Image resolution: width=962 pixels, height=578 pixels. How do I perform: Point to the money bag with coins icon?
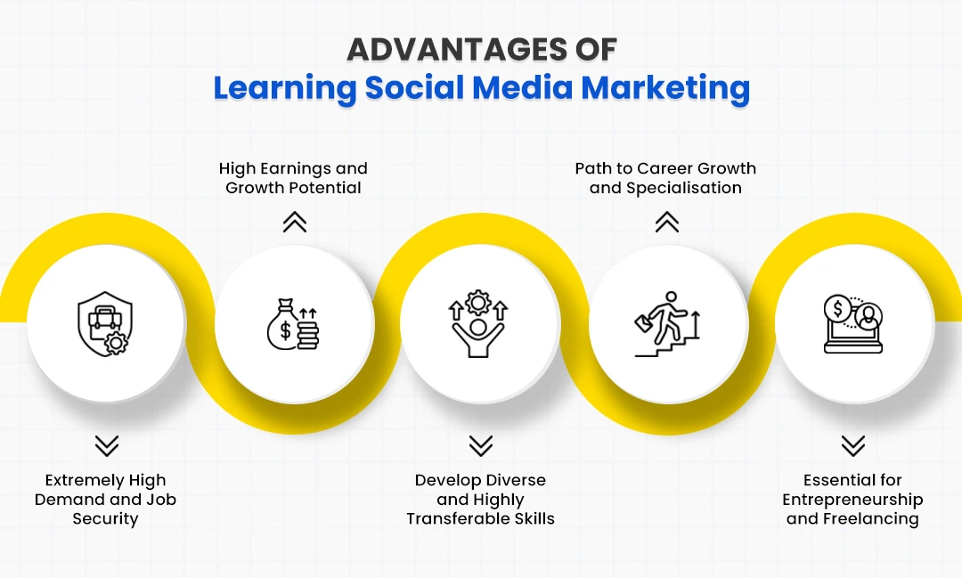tap(293, 324)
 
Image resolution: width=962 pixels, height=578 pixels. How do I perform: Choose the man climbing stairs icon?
tap(666, 324)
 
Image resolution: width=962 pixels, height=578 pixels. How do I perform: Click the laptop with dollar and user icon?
tap(852, 324)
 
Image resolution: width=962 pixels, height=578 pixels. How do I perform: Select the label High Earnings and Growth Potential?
tap(293, 178)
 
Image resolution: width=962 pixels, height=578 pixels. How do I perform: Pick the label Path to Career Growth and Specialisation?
tap(665, 178)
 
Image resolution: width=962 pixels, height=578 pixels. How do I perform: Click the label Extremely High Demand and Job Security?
tap(105, 500)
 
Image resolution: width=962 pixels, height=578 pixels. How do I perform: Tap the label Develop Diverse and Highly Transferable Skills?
tap(480, 500)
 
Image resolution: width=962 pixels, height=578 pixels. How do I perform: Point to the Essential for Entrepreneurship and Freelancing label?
tap(852, 500)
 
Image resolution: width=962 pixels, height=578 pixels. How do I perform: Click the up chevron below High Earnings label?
tap(294, 223)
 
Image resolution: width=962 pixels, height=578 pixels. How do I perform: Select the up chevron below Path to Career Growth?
tap(666, 223)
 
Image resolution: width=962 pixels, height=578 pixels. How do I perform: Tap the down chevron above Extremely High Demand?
tap(106, 445)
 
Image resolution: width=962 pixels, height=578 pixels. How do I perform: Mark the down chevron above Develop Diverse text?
tap(480, 445)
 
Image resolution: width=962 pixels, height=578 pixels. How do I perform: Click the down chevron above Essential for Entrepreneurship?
tap(852, 445)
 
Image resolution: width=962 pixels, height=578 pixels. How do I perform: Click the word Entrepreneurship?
tap(852, 500)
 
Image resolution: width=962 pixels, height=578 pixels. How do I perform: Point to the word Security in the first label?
tap(105, 519)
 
